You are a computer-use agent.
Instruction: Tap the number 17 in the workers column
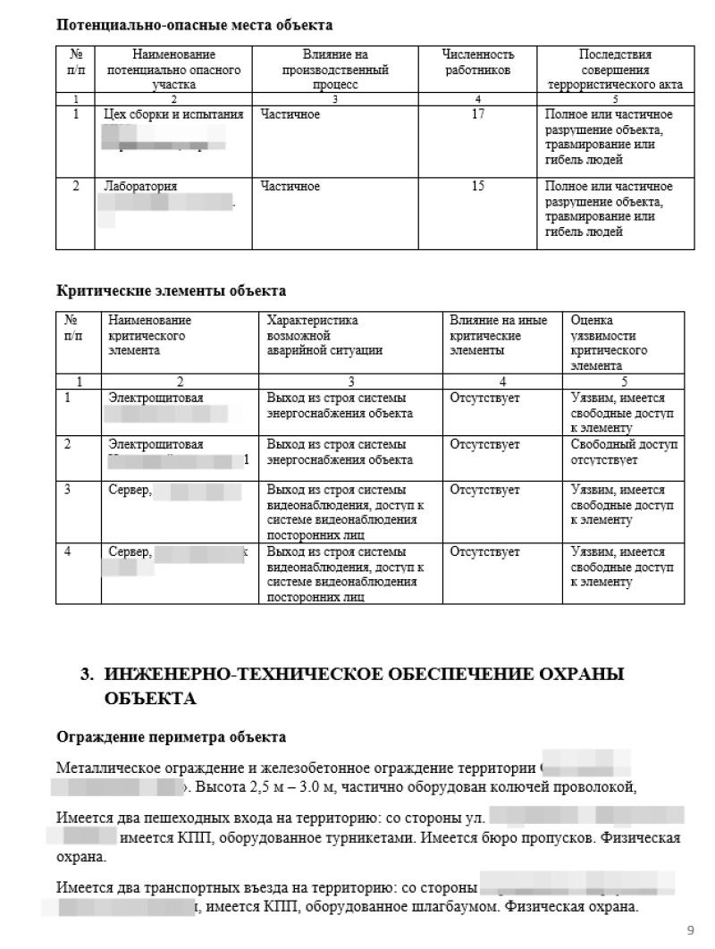tap(478, 114)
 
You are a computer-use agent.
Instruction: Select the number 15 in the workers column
tap(478, 186)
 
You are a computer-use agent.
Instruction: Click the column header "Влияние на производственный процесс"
tap(335, 69)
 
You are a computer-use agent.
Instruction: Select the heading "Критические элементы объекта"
tap(171, 290)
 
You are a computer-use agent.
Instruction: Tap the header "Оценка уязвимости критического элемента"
tap(608, 342)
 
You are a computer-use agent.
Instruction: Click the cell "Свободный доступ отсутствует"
tap(624, 452)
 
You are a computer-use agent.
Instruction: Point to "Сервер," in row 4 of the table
tap(130, 553)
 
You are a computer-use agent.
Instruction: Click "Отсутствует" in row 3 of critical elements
tap(484, 490)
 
